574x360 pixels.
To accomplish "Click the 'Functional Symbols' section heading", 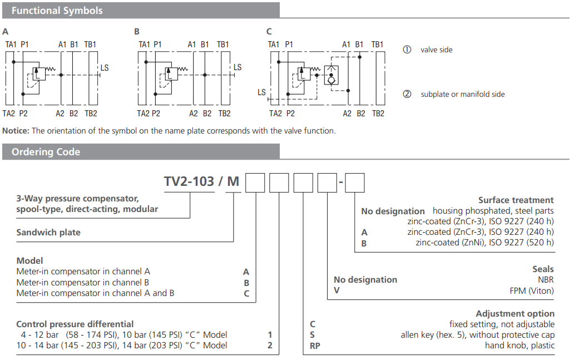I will [x=57, y=11].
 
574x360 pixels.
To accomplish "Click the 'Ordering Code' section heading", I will [x=46, y=152].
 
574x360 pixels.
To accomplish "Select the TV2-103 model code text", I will [x=189, y=182].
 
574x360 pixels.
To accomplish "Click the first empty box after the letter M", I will [x=255, y=183].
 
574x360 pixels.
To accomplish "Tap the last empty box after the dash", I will [x=355, y=183].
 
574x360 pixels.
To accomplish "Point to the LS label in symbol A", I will [x=105, y=68].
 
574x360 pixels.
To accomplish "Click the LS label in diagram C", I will [x=261, y=92].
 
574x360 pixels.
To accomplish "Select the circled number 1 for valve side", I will [x=407, y=50].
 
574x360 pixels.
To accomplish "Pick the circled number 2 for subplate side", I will [x=407, y=94].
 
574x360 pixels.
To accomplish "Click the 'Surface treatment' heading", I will [x=516, y=200].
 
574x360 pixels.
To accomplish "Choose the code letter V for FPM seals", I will [x=336, y=290].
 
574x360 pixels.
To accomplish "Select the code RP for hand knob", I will [x=315, y=345].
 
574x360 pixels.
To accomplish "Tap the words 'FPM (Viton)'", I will [x=531, y=290].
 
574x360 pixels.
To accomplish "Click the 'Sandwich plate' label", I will [x=48, y=233].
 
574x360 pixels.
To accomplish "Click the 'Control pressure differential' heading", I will [x=75, y=324].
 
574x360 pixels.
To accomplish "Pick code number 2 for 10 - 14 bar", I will [x=270, y=345].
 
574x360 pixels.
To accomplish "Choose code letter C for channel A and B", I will [x=246, y=293].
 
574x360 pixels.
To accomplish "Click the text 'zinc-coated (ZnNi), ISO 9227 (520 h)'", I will [x=484, y=243].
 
